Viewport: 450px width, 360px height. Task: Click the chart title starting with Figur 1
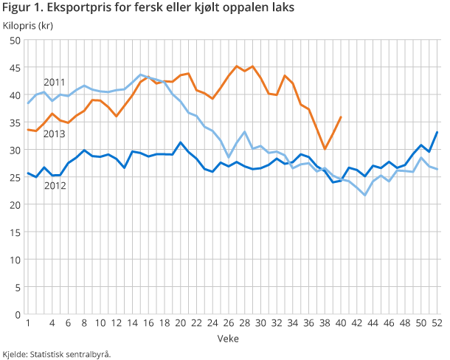(148, 9)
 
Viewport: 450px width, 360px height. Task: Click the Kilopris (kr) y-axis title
(27, 26)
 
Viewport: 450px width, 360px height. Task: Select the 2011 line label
(54, 82)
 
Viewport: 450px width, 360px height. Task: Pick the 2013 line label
(54, 134)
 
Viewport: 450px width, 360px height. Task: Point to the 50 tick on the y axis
(14, 41)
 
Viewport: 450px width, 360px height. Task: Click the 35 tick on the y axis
(14, 122)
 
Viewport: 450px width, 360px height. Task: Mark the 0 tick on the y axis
(17, 314)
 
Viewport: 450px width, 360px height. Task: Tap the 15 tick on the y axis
(14, 232)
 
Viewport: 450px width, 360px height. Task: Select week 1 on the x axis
(28, 323)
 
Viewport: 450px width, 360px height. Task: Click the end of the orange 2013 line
(341, 117)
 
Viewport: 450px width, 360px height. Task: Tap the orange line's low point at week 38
(325, 149)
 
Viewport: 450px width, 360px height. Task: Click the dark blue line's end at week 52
(438, 132)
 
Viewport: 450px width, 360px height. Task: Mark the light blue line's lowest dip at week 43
(365, 195)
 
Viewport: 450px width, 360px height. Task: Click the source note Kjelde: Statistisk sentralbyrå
(57, 353)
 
